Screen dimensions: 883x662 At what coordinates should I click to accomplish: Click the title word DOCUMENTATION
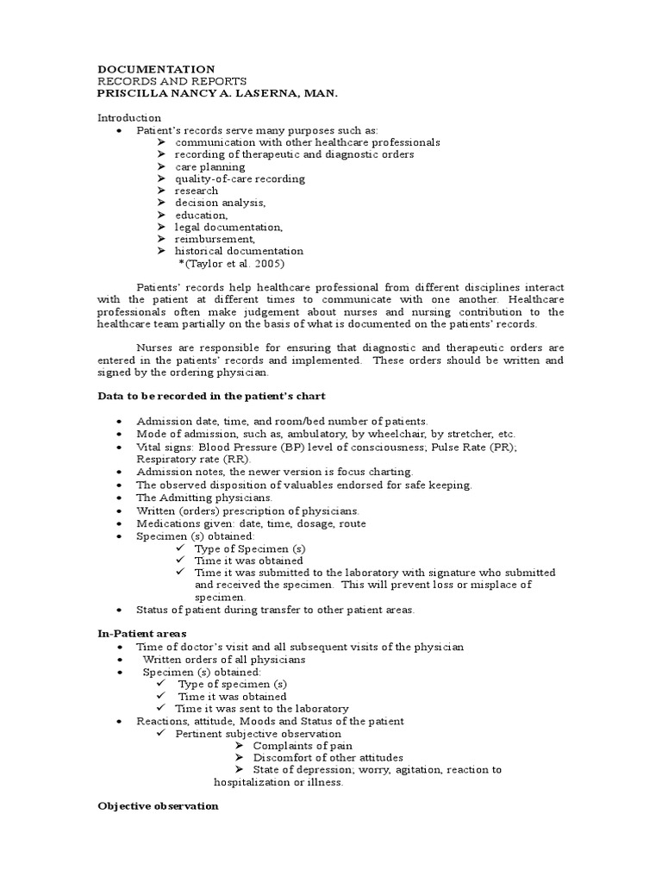pyautogui.click(x=156, y=69)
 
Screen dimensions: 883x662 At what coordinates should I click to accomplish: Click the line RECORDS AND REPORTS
pyautogui.click(x=166, y=81)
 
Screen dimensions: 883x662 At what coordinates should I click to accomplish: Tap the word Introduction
pyautogui.click(x=128, y=117)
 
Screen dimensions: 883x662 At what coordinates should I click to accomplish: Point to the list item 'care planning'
pyautogui.click(x=209, y=166)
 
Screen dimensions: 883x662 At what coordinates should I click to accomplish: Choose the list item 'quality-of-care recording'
pyautogui.click(x=240, y=178)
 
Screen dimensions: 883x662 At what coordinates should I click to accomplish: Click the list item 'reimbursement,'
pyautogui.click(x=215, y=239)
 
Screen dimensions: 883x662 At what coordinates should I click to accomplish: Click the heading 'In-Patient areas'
pyautogui.click(x=142, y=634)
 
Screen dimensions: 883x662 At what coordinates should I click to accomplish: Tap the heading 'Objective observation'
pyautogui.click(x=158, y=805)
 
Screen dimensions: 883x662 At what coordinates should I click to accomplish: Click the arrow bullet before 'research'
pyautogui.click(x=161, y=191)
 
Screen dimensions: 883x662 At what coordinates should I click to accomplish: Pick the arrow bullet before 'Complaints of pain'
pyautogui.click(x=239, y=746)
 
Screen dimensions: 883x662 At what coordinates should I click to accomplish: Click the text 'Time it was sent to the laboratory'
pyautogui.click(x=263, y=709)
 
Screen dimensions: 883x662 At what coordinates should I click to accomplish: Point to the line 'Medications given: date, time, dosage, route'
pyautogui.click(x=251, y=523)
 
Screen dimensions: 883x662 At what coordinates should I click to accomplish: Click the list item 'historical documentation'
pyautogui.click(x=239, y=251)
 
